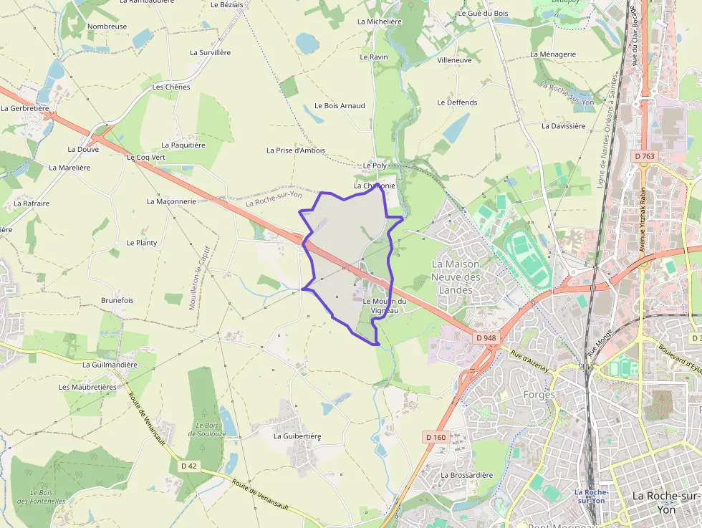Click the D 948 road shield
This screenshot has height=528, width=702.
coord(485,337)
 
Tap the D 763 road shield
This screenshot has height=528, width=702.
coord(644,156)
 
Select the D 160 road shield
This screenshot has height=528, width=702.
coord(435,437)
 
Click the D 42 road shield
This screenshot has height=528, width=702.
coord(188,466)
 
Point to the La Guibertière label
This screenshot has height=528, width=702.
coord(297,436)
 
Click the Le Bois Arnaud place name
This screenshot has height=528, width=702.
coord(340,106)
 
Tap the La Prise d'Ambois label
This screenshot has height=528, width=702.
coord(295,150)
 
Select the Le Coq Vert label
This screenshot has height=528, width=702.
coord(145,157)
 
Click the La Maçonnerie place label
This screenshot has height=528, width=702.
coord(171,201)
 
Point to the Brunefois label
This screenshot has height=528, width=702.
coord(117,300)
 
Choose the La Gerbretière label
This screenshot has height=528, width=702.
coord(25,108)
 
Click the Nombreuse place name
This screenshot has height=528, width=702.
coord(107,27)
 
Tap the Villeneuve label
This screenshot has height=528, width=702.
coord(454,60)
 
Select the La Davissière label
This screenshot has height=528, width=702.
coord(563,126)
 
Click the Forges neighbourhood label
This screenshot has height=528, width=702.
coord(539,395)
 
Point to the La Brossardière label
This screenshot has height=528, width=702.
coord(467,475)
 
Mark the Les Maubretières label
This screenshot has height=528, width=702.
coord(87,387)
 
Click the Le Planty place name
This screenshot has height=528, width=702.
coord(141,243)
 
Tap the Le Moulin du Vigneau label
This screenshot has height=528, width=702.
coord(385,306)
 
